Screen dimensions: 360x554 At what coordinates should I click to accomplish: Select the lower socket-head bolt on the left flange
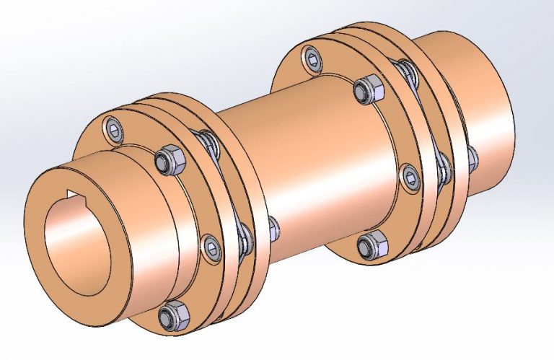coord(210,246)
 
